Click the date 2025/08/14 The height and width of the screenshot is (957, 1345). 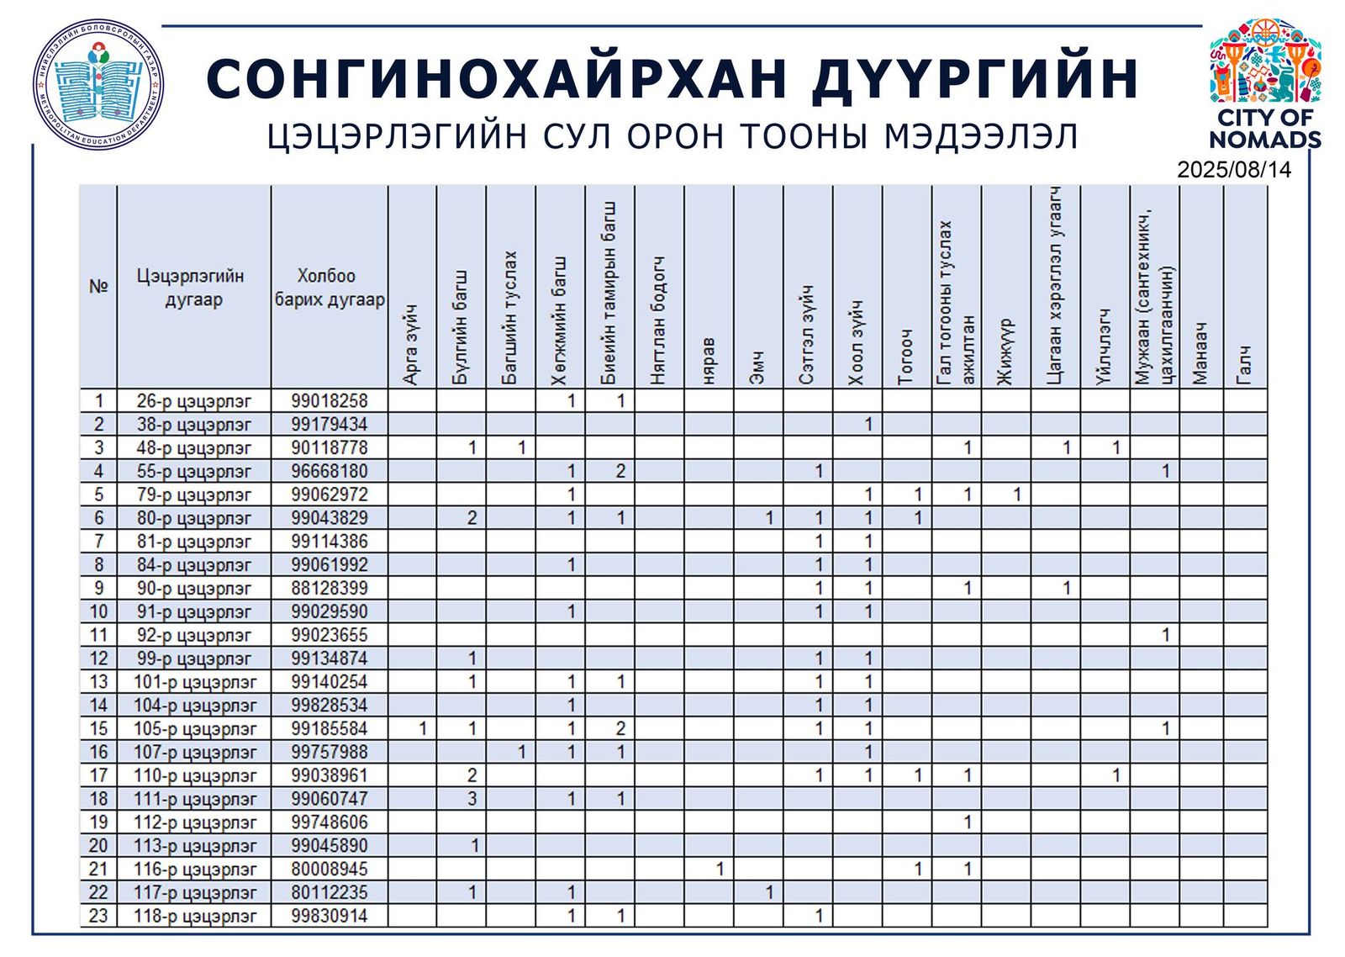coord(1233,169)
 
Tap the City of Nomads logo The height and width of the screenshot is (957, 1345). coord(1264,84)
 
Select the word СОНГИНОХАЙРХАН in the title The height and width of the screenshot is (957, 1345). coord(497,80)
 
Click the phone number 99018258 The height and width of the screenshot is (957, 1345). coord(330,401)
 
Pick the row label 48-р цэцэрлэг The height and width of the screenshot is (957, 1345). coord(193,448)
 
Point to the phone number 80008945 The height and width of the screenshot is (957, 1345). coord(330,870)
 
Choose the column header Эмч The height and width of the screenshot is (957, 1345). coord(757,367)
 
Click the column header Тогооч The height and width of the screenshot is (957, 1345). coord(906,357)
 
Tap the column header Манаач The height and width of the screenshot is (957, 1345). coord(1200,353)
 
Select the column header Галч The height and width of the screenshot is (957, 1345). coord(1245,366)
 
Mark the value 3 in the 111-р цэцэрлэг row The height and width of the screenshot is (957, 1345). coord(472,799)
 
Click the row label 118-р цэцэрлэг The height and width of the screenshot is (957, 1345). coord(194,917)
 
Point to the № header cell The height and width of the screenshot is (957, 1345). coord(98,287)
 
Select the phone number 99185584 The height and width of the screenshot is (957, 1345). coord(330,729)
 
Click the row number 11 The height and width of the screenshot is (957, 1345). coord(98,636)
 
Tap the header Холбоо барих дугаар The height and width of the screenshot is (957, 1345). coord(330,288)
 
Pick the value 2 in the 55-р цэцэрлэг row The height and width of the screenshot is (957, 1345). coord(620,472)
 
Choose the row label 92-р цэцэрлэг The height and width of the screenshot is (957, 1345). coord(193,636)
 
